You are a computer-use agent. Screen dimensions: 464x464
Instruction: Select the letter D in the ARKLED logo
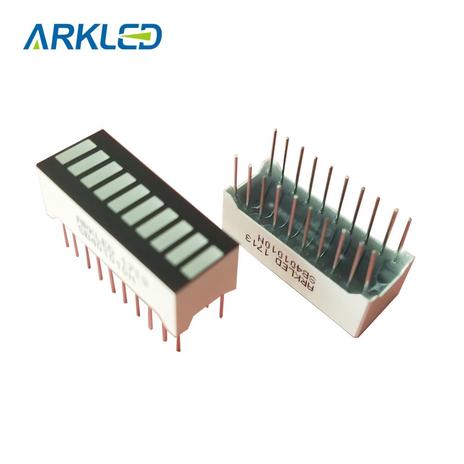point(149,37)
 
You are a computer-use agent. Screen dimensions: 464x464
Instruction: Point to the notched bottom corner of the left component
point(195,316)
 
